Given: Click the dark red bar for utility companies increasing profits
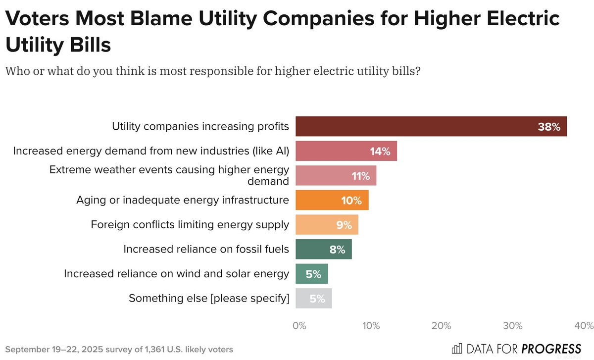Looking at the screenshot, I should pos(431,126).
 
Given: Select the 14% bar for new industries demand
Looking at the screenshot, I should pos(346,151).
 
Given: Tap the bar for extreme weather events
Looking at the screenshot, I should pos(336,176).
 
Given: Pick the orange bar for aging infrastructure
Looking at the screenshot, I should pos(332,200).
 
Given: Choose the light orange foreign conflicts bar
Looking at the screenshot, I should pos(327,225).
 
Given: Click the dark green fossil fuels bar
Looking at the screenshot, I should pos(324,249).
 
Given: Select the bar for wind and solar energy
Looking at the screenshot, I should pos(312,274).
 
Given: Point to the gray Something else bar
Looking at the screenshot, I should pos(313,299).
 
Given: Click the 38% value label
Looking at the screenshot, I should pos(548,127).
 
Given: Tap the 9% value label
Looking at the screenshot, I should pos(344,225).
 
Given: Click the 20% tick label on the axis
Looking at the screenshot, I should pos(441,326).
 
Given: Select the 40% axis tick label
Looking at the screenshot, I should pos(584,326).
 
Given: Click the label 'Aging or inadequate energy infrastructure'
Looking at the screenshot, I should pos(182,200).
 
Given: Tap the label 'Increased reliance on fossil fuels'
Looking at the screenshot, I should pos(206,249).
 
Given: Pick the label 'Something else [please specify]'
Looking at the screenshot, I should pos(209,299).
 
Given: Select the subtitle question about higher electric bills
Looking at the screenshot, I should pos(213,71).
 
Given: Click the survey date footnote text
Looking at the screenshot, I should pos(119,349).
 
